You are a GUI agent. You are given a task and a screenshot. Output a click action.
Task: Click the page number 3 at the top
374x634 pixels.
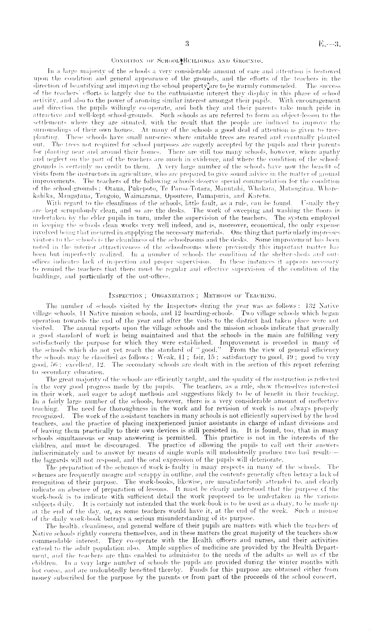(x=187, y=43)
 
